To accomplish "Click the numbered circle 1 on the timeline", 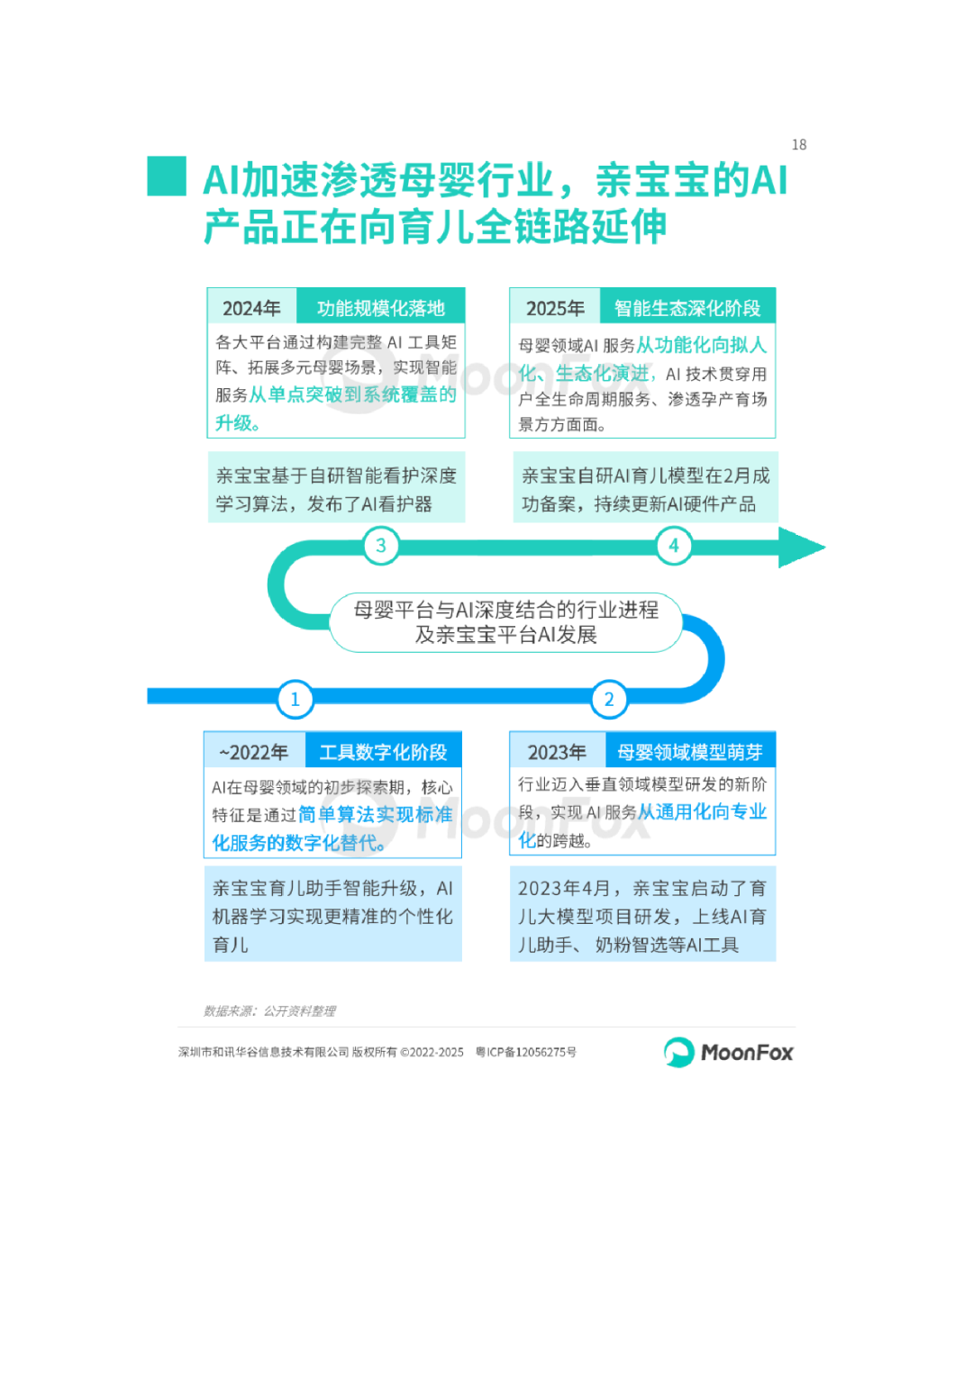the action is point(295,700).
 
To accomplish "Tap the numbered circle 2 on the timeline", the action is point(609,700).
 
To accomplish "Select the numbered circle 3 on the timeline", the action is point(381,546).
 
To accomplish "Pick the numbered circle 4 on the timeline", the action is point(673,546).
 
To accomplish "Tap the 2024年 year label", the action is point(251,308).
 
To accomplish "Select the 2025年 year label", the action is point(555,308).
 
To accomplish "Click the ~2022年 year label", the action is point(254,752).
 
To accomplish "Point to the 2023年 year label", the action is point(557,752).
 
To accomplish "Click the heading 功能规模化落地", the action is point(381,308).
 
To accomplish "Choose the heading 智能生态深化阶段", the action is point(687,308).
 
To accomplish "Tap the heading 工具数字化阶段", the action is point(383,752).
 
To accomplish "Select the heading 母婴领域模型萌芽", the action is point(690,752).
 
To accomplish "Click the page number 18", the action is point(799,145).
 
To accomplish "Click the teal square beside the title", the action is point(167,177).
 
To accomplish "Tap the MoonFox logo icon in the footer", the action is point(678,1052).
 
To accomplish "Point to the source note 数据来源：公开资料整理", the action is point(269,1011).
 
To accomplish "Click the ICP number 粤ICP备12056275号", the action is point(526,1052).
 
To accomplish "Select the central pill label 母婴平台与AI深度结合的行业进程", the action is point(505,611).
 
